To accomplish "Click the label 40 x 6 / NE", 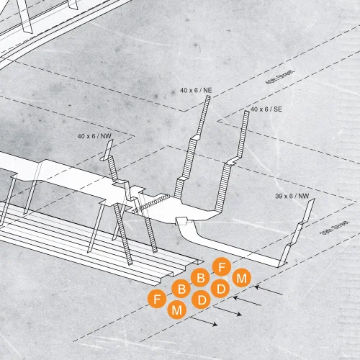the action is pos(196,90).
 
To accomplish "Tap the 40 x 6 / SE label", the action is pos(266,109).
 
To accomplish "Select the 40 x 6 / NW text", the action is pos(94,136).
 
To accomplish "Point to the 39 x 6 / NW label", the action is pos(292,196).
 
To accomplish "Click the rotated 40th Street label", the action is pos(279,77).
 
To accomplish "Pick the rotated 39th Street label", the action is pos(335,228).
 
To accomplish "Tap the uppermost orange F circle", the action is pos(222,266).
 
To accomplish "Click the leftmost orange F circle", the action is pos(157,299).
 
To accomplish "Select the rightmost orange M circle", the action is pos(242,278).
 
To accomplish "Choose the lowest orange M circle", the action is pos(177,310).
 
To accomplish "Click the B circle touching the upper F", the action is pos(200,278).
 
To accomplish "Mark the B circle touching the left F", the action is pos(181,289).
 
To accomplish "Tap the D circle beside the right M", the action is pos(220,288).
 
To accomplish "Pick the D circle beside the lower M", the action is pos(202,300).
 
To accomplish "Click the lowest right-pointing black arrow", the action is pos(204,321).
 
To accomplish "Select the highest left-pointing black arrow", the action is pos(269,289).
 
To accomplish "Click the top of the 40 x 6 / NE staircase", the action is pos(208,96).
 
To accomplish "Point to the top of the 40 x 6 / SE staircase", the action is pos(247,112).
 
